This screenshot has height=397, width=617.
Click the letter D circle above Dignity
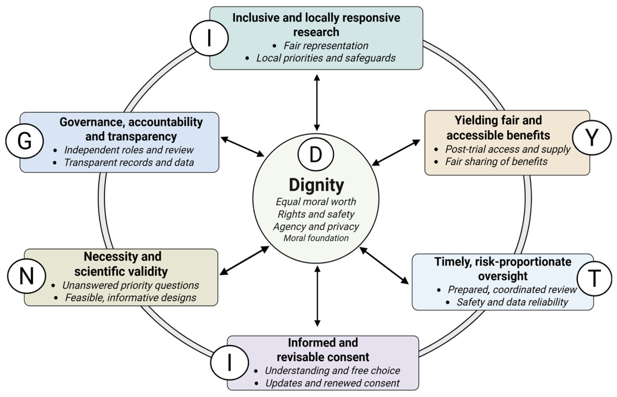[x=316, y=155]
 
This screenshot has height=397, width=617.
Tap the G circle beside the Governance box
[x=24, y=141]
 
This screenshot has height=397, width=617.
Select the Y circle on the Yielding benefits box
[x=592, y=137]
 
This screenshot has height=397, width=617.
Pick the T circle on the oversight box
[x=594, y=278]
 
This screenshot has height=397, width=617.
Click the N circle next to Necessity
[x=26, y=276]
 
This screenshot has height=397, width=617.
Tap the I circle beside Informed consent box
[x=230, y=362]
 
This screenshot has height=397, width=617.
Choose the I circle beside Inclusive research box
[x=209, y=38]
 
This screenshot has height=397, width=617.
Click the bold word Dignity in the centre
[x=316, y=185]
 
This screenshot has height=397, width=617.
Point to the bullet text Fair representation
[x=326, y=46]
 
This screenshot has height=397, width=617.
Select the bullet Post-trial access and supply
[x=508, y=149]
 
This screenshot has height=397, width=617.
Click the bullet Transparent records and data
[x=129, y=163]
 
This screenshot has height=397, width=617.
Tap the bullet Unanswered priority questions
[x=131, y=285]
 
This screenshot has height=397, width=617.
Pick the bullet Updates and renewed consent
[x=332, y=383]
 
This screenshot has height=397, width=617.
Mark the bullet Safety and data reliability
[x=512, y=302]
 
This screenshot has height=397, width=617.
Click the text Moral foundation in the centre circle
[x=316, y=238]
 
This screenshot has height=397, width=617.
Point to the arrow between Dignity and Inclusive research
[x=317, y=102]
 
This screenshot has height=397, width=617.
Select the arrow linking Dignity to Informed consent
[x=317, y=296]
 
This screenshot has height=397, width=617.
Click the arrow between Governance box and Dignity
[x=242, y=146]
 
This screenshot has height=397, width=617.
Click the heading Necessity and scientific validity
[x=121, y=264]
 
